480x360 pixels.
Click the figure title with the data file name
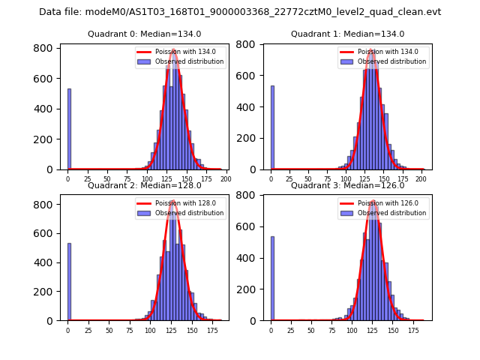click(x=240, y=12)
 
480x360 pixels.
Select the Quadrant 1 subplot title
click(x=347, y=34)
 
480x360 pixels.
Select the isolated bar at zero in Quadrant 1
click(x=272, y=127)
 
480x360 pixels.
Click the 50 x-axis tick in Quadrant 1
click(x=308, y=178)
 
